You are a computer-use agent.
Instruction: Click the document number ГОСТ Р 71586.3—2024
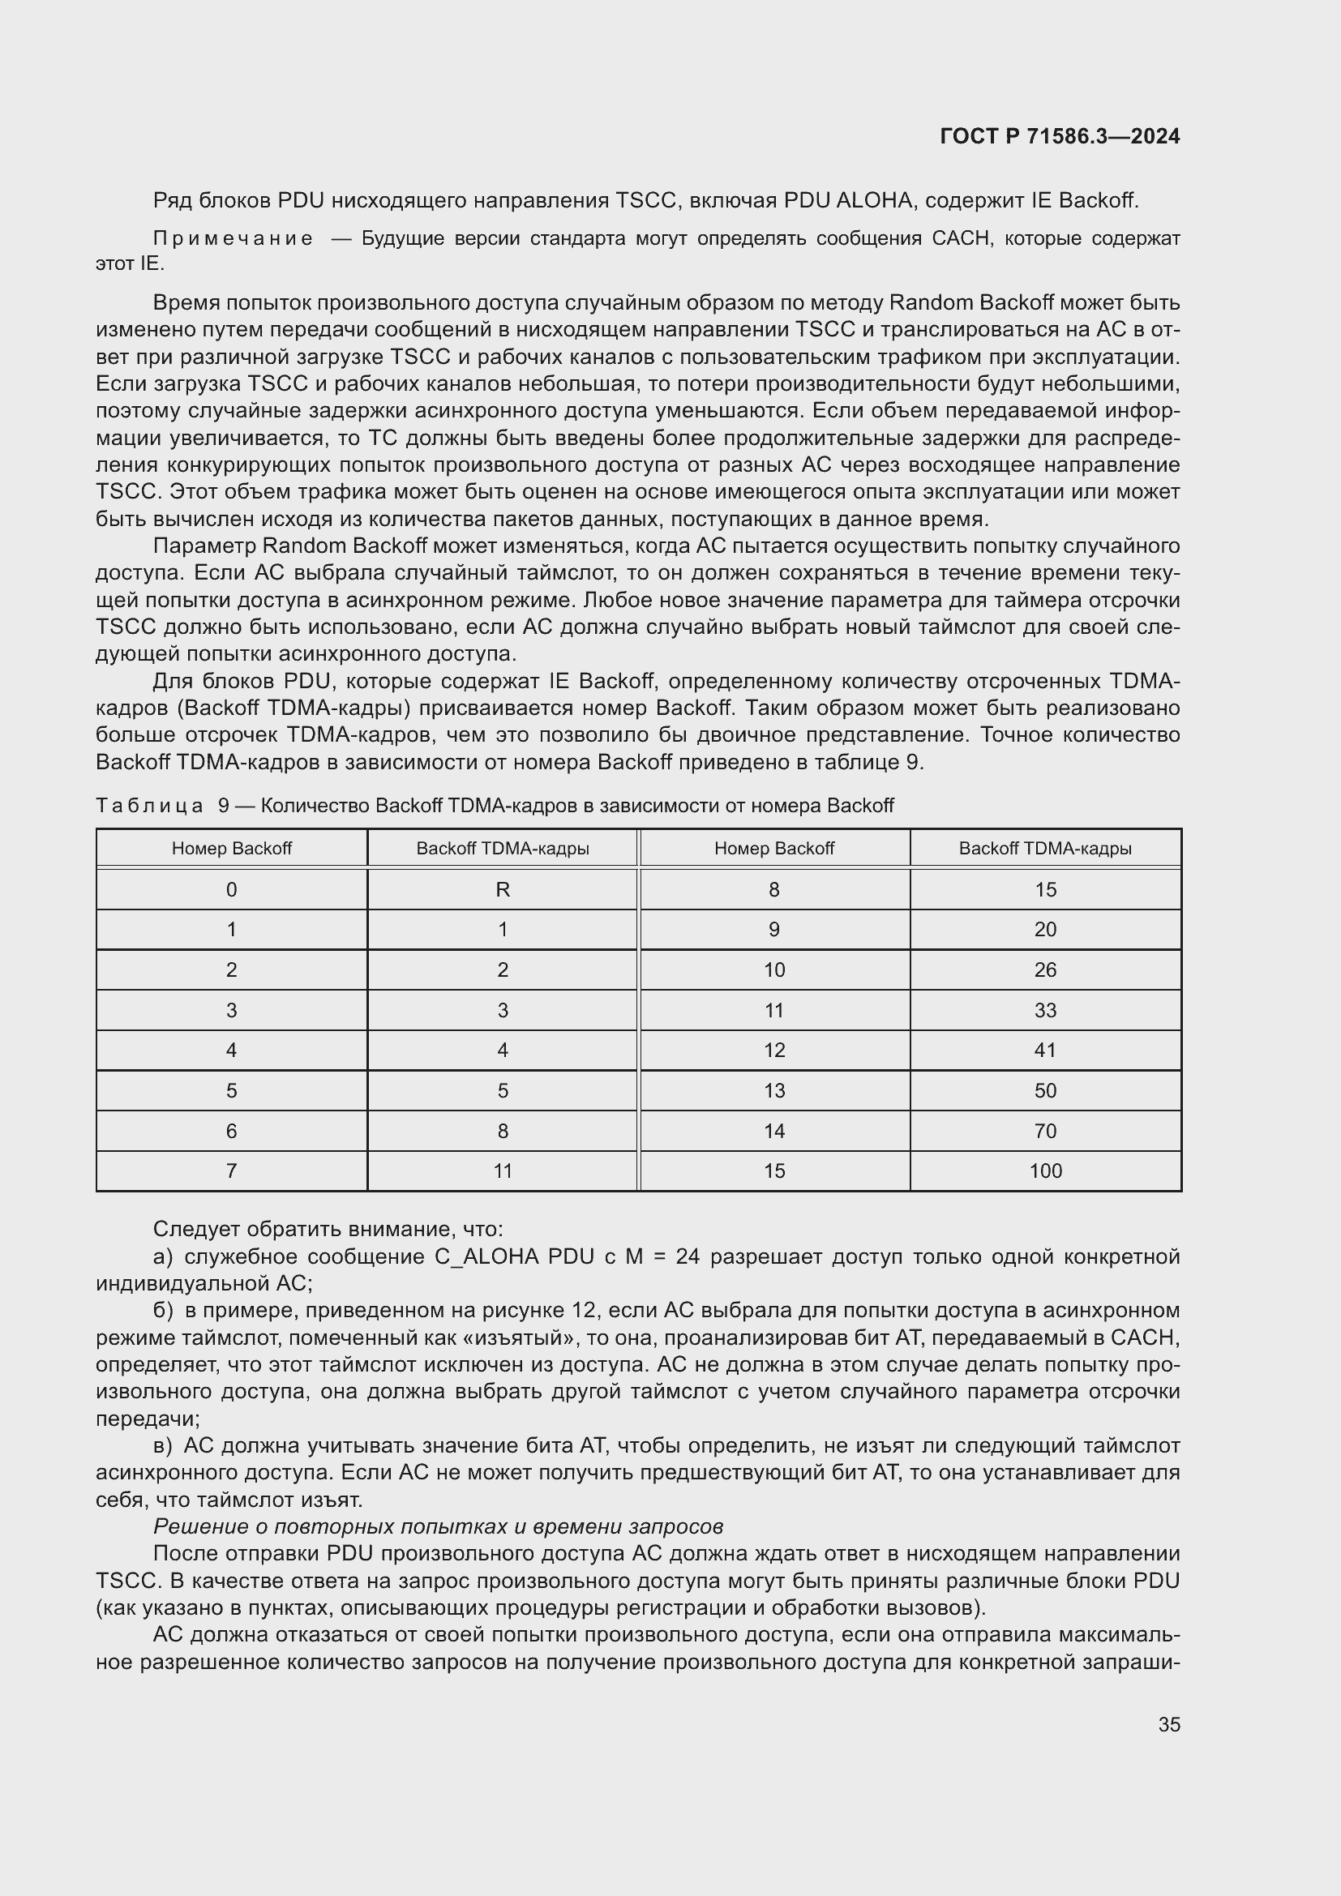(x=1060, y=136)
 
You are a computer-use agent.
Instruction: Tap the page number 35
(x=1168, y=1724)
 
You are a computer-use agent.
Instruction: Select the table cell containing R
(x=502, y=889)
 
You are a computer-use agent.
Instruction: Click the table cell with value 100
(x=1044, y=1171)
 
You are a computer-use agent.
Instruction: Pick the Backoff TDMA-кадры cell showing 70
(x=1044, y=1131)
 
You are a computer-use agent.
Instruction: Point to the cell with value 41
(x=1044, y=1050)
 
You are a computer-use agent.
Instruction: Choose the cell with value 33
(x=1044, y=1010)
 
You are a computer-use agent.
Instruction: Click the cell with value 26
(x=1044, y=969)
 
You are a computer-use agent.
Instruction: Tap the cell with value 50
(x=1044, y=1090)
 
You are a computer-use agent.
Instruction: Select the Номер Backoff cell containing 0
(x=231, y=889)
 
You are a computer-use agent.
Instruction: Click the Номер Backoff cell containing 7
(x=231, y=1171)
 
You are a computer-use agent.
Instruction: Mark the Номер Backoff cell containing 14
(x=773, y=1131)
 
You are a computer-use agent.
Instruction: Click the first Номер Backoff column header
(x=231, y=848)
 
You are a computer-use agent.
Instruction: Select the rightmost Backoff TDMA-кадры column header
(x=1044, y=848)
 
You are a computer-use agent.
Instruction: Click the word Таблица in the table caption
(x=149, y=805)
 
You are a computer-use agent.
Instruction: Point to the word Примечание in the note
(x=233, y=238)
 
